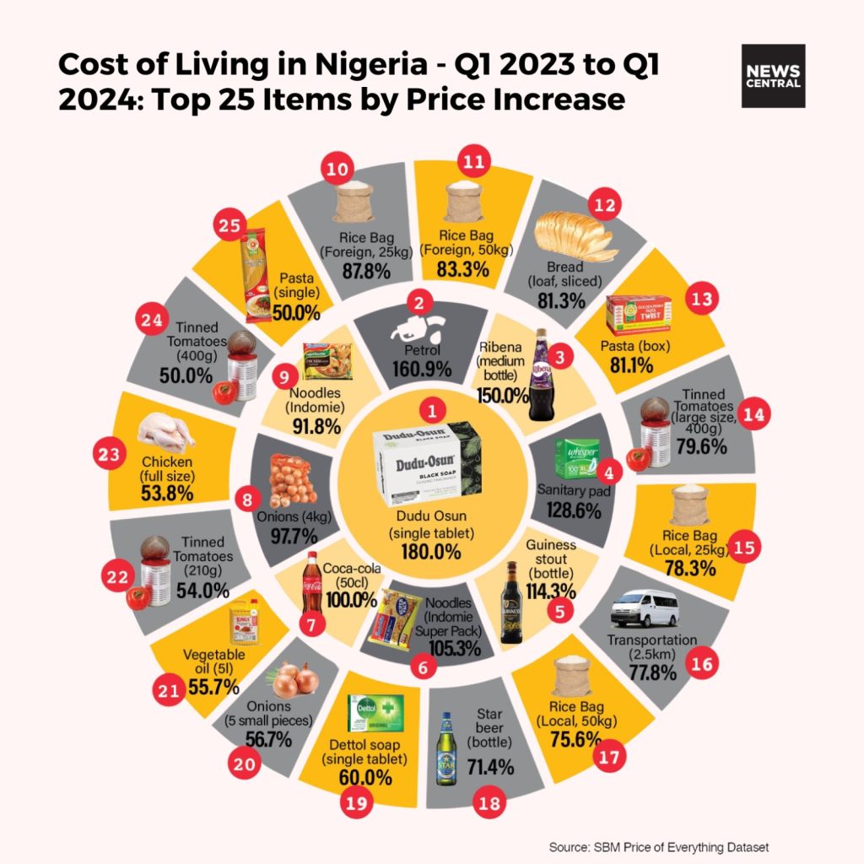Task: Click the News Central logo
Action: point(773,76)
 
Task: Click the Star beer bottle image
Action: point(446,750)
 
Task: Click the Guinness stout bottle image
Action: point(511,601)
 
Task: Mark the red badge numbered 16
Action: point(700,664)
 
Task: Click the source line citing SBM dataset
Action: point(659,847)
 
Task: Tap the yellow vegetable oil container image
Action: point(242,623)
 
